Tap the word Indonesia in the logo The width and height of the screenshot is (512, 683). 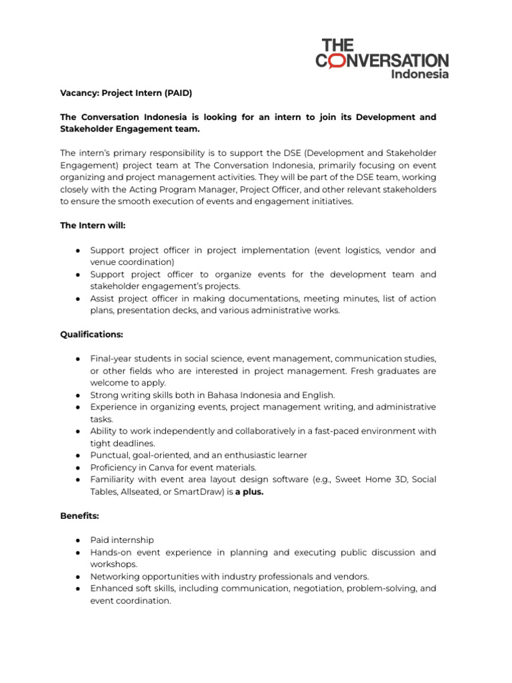tap(419, 74)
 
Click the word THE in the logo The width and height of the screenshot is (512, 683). tap(338, 45)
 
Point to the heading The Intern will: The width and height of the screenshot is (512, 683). tap(92, 225)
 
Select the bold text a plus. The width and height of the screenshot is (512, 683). tap(250, 491)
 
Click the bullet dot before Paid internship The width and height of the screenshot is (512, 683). tap(78, 540)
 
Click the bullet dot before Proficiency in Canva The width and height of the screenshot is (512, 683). tap(78, 467)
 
